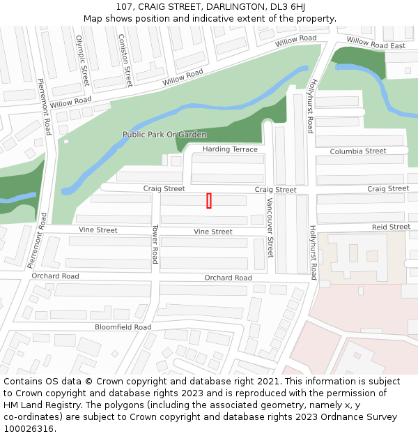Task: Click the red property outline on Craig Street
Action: click(x=209, y=201)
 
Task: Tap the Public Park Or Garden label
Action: click(x=164, y=135)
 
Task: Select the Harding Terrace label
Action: click(x=230, y=149)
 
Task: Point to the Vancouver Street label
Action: click(x=270, y=227)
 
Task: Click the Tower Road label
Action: click(x=155, y=245)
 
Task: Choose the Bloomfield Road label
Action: click(x=123, y=327)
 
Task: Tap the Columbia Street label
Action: click(x=358, y=151)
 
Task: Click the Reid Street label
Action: click(x=391, y=227)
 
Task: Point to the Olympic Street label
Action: click(x=82, y=61)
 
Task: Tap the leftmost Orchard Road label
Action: click(x=55, y=276)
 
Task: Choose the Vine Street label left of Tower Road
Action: click(x=98, y=230)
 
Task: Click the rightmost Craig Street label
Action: click(x=388, y=189)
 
